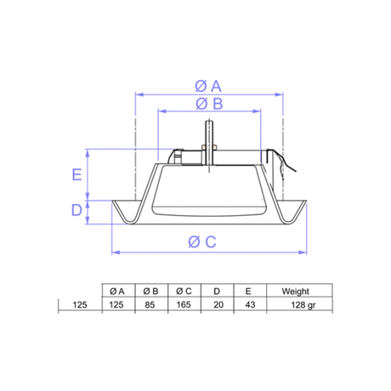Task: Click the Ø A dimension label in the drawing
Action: coord(208,85)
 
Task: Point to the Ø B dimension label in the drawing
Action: coord(209,103)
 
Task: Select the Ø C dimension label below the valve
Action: coord(208,242)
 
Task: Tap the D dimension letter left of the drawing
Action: coord(76,210)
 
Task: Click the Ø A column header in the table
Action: coord(117,291)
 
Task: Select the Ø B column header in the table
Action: coord(150,291)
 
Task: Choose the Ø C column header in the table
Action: coord(184,291)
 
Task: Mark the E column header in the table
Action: coord(249,291)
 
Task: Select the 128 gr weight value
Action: coord(302,303)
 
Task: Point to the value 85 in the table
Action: coord(150,303)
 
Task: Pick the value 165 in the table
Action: coord(184,303)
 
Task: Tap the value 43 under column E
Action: coord(249,303)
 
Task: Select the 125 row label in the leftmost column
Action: coord(79,303)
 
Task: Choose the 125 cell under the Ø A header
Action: coord(117,303)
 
